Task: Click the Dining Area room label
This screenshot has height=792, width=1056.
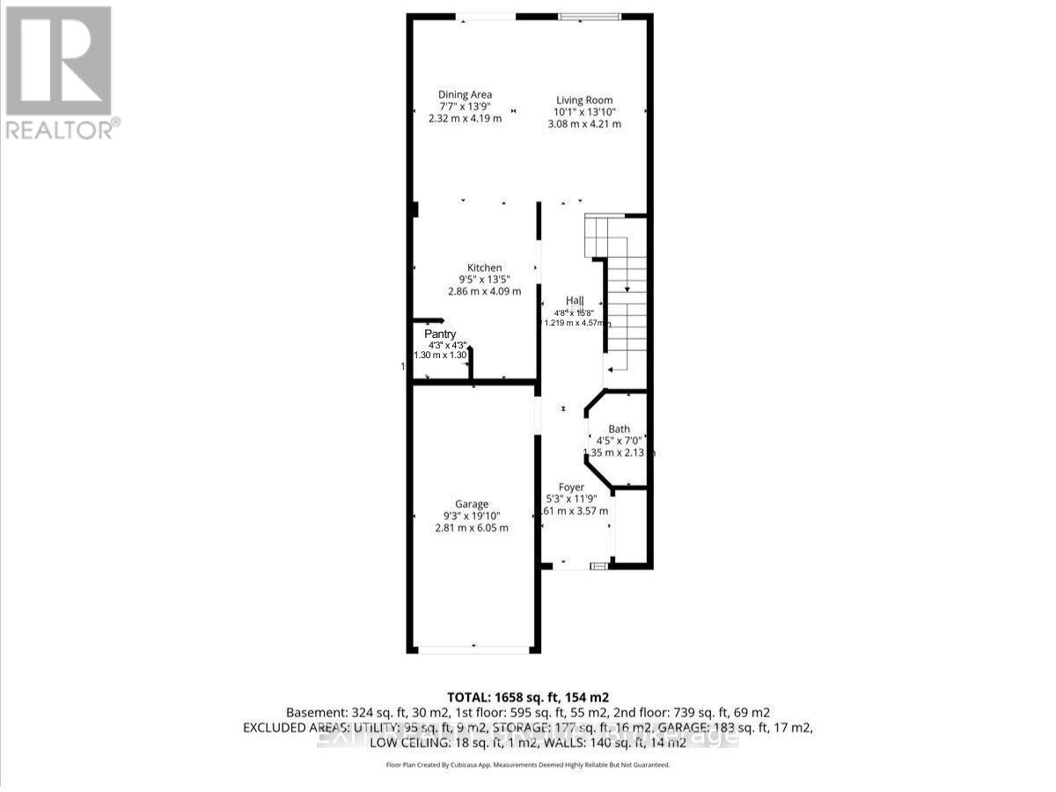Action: point(465,95)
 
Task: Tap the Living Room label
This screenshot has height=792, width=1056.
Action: point(583,100)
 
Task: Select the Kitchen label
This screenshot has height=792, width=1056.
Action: point(484,268)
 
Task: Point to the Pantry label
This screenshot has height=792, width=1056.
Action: point(440,334)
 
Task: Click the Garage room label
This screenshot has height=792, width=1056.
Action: point(472,505)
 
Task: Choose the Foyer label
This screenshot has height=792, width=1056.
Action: point(571,488)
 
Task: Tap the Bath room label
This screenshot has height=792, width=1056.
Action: point(619,429)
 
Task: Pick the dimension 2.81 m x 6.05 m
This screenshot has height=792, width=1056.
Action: point(472,528)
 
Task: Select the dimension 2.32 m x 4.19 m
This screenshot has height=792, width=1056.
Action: point(465,118)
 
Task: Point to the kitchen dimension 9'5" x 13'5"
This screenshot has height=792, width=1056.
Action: point(484,280)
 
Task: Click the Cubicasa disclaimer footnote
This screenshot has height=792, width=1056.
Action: point(528,765)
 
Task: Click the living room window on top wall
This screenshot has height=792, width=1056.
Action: point(590,16)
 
